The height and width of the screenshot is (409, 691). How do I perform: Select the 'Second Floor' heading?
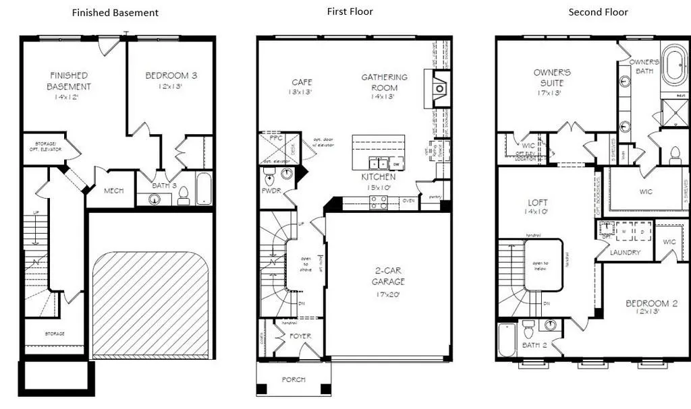[598, 12]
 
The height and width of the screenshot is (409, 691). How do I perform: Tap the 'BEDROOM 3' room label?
[171, 75]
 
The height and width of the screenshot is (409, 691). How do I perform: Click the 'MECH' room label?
[113, 191]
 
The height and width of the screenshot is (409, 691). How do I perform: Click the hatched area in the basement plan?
[151, 303]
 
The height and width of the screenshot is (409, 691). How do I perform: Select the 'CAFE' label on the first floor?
[301, 82]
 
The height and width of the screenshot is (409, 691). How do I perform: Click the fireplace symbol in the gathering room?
[439, 87]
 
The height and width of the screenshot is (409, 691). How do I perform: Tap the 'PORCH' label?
[293, 379]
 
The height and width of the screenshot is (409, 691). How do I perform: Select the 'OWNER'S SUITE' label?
[552, 77]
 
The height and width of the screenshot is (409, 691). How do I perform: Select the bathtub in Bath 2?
[507, 341]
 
